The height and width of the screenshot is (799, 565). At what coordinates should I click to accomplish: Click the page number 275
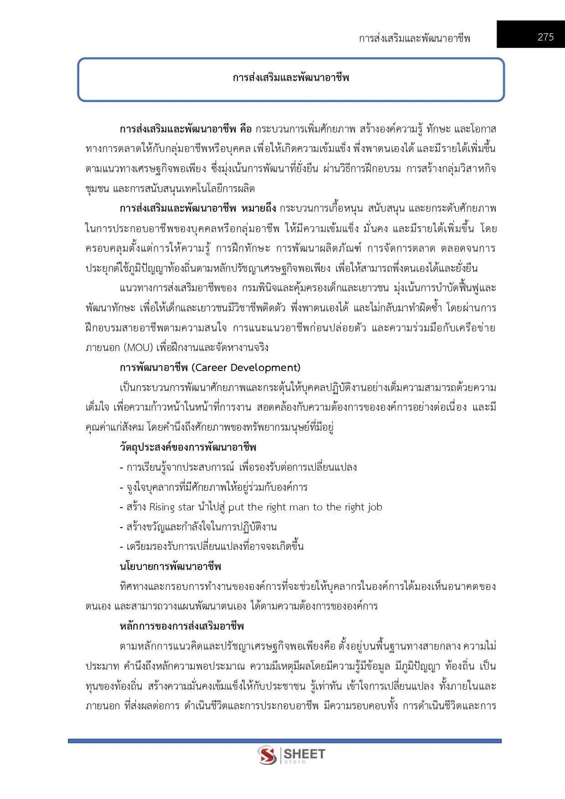tap(545, 37)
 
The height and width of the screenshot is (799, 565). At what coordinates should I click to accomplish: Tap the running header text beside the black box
tap(414, 38)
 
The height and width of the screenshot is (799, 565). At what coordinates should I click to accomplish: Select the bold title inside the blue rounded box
tap(291, 78)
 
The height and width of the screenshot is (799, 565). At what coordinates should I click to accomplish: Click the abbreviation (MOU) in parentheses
tap(137, 348)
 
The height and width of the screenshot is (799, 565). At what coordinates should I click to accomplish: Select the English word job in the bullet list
tap(375, 507)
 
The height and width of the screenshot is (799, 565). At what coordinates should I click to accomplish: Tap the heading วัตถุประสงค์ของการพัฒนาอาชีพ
tap(188, 447)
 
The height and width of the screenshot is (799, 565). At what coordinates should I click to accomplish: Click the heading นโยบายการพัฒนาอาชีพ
tap(170, 567)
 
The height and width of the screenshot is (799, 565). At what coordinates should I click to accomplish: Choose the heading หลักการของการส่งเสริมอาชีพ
tap(182, 626)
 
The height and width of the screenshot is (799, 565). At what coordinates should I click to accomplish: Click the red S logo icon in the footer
tap(267, 756)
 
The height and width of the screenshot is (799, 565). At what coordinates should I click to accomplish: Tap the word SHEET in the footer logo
tap(304, 754)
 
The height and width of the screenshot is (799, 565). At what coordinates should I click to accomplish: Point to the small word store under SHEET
tap(295, 762)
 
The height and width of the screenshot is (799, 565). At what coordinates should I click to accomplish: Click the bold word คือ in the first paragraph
tap(246, 129)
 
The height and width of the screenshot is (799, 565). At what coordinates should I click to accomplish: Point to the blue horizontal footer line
tap(284, 741)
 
